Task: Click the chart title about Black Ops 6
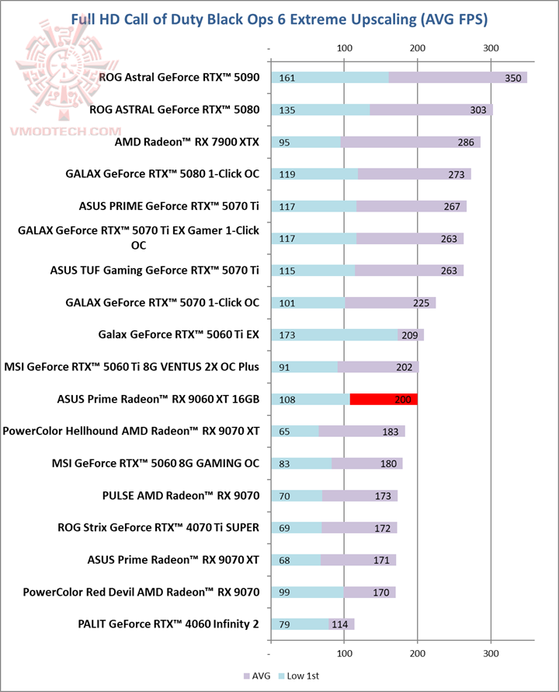[x=284, y=18]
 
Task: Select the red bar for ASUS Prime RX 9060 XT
[x=384, y=399]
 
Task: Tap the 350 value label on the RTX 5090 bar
[x=512, y=78]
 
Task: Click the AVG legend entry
[x=264, y=676]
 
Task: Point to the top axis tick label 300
[x=491, y=49]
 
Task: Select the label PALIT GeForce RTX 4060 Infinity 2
[x=168, y=624]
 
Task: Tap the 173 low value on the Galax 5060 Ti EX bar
[x=286, y=335]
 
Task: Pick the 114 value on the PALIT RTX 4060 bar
[x=339, y=624]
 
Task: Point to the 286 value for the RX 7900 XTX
[x=466, y=142]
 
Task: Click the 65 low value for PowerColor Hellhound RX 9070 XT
[x=284, y=432]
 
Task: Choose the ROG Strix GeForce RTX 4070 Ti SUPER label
[x=158, y=527]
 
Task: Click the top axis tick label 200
[x=418, y=49]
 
